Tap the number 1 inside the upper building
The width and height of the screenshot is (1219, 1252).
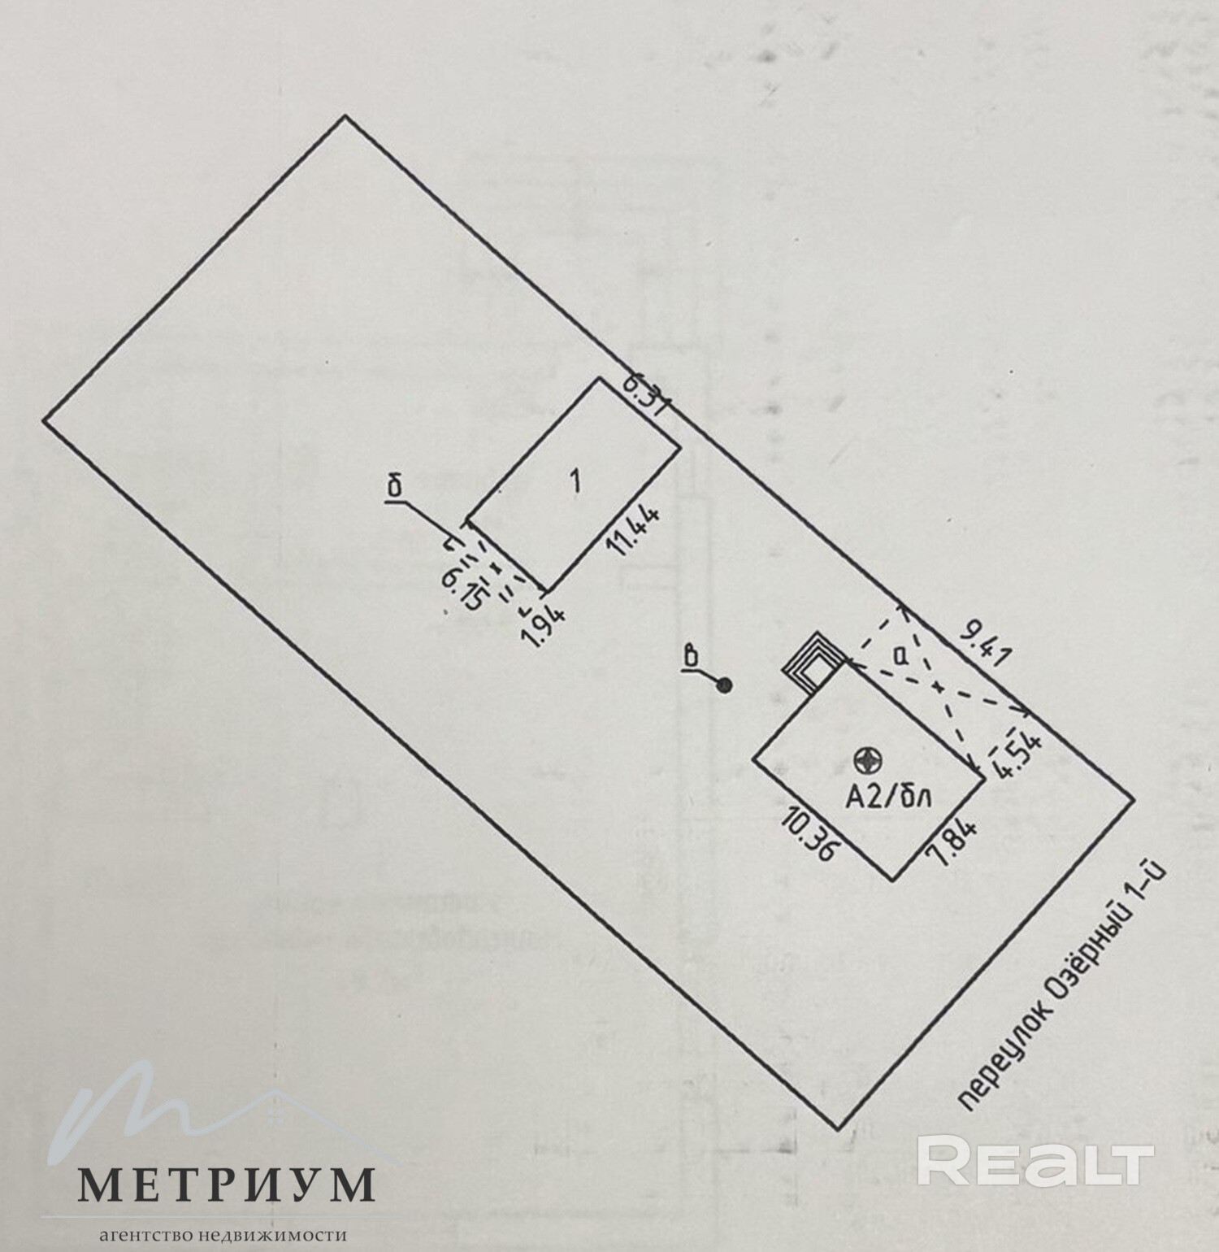click(x=575, y=481)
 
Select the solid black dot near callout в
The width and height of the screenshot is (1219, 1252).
click(x=725, y=685)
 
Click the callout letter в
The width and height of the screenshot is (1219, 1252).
click(x=692, y=656)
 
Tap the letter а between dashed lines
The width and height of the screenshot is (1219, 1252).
click(x=899, y=654)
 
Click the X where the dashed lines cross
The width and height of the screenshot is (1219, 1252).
click(x=939, y=687)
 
